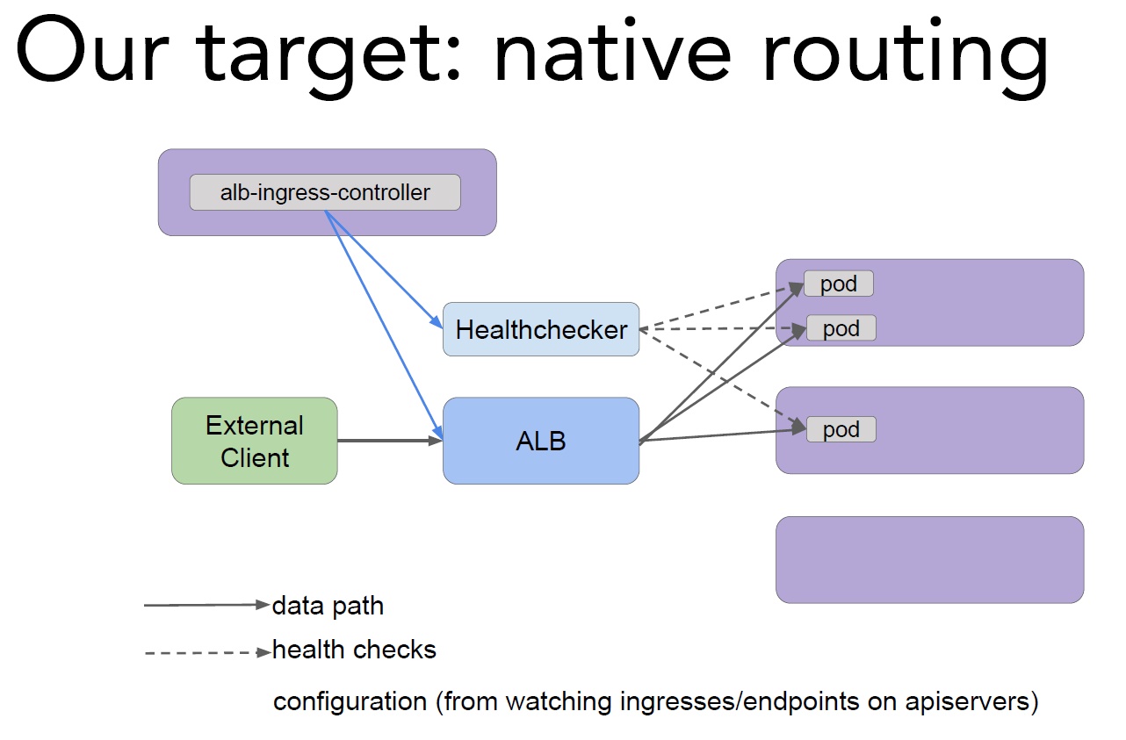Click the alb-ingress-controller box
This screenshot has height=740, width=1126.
[x=325, y=192]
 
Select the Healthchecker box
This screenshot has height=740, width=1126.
[x=541, y=329]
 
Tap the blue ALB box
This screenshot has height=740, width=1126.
[x=541, y=441]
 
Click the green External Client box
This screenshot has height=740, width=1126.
[x=255, y=441]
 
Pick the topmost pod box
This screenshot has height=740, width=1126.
[x=839, y=284]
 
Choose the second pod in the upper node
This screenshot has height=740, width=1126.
[x=841, y=328]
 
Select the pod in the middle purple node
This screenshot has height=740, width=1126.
[x=841, y=429]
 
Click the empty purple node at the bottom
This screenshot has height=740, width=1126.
[x=929, y=560]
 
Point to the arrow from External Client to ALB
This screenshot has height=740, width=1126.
[x=390, y=441]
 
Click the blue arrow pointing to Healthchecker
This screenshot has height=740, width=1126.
[x=384, y=269]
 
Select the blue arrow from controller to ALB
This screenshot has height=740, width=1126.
[x=384, y=326]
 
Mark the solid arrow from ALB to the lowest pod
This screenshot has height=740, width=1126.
[x=723, y=435]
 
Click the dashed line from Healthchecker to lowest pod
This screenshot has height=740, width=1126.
[x=723, y=377]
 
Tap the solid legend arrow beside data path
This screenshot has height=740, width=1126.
[x=207, y=605]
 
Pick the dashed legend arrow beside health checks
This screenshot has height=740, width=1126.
[x=207, y=653]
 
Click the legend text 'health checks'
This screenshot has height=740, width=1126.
[x=354, y=650]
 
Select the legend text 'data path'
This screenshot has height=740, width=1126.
[x=328, y=606]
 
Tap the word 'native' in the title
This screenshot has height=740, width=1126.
[x=612, y=50]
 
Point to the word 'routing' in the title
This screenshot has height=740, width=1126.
[x=906, y=56]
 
